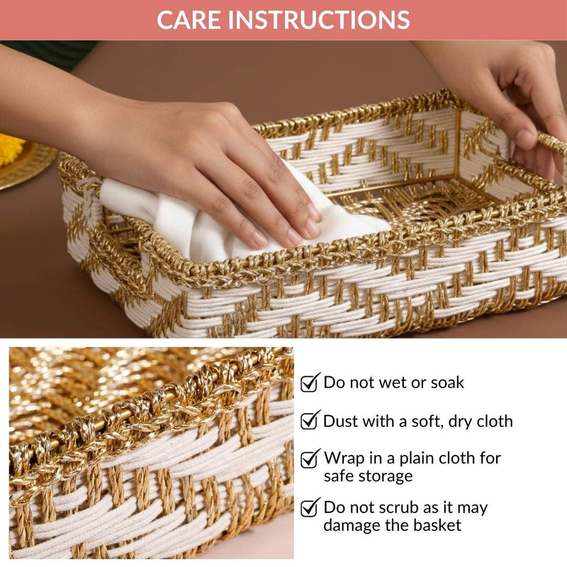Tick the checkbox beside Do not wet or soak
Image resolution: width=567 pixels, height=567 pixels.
pos(310,383)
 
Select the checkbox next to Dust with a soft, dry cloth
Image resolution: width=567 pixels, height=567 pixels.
pos(310,421)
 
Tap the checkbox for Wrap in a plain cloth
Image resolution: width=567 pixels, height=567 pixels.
pos(310,459)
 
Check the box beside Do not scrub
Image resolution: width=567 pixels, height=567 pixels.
pos(310,508)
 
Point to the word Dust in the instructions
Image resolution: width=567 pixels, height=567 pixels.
pos(341,421)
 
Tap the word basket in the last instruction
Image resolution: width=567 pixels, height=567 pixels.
pos(437,525)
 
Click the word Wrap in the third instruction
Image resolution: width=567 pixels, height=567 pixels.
pos(344,458)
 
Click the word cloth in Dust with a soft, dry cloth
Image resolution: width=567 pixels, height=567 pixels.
pos(490,421)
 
